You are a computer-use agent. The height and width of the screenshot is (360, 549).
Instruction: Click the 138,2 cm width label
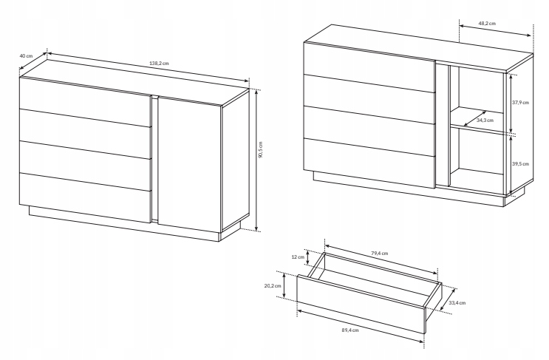point(159,64)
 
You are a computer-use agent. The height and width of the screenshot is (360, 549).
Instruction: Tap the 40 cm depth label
point(26,55)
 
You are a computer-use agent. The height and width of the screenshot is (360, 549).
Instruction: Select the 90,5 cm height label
point(260,149)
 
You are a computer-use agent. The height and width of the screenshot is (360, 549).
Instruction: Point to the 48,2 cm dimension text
point(487,24)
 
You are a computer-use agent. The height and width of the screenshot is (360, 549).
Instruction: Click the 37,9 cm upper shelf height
point(520,103)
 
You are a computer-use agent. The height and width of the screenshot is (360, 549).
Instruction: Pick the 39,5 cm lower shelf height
point(520,164)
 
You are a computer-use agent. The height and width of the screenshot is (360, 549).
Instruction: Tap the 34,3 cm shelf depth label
point(485,120)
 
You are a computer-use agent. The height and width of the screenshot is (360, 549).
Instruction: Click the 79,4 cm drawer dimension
point(380,254)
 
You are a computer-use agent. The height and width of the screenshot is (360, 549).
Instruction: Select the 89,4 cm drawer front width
point(350,330)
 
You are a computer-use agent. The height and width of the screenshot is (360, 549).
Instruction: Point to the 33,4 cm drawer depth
point(457,303)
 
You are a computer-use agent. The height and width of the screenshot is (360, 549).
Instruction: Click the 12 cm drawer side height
point(298,257)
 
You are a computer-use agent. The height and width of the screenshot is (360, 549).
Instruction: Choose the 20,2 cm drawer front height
point(273,286)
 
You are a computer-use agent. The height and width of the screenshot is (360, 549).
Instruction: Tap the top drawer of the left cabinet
point(86,101)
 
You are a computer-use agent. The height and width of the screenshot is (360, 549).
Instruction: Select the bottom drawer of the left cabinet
point(86,198)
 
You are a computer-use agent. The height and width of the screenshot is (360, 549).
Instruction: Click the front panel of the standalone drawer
point(361,304)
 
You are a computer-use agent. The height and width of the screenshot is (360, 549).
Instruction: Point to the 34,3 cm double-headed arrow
point(475,118)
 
